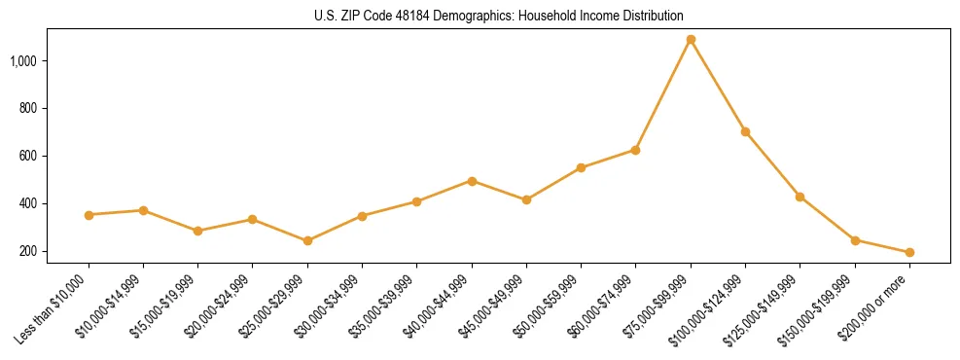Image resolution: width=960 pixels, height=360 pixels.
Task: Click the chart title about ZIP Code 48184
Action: pyautogui.click(x=499, y=16)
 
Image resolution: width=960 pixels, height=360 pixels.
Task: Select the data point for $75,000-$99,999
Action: pyautogui.click(x=691, y=40)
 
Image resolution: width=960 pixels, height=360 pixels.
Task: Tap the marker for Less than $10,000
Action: pyautogui.click(x=89, y=215)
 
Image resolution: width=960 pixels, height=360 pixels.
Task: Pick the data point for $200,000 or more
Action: pyautogui.click(x=909, y=252)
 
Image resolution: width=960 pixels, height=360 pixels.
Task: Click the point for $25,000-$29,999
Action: pyautogui.click(x=307, y=240)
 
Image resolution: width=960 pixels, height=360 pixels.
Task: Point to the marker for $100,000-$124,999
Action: pyautogui.click(x=745, y=131)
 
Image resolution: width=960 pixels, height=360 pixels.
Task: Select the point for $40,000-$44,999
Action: pyautogui.click(x=472, y=181)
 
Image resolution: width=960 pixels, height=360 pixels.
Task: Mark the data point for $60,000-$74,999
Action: pyautogui.click(x=635, y=150)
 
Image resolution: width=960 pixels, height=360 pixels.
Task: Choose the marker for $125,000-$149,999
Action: pyautogui.click(x=800, y=197)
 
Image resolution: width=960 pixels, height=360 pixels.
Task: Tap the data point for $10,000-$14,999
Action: pyautogui.click(x=143, y=210)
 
